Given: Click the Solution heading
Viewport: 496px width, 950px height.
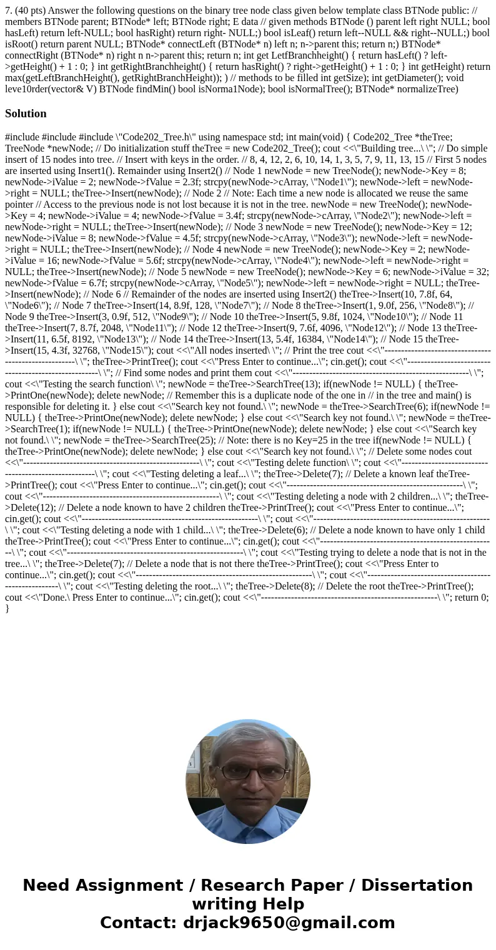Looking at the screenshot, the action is (26, 114).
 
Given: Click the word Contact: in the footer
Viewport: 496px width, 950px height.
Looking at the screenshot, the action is (139, 923).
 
